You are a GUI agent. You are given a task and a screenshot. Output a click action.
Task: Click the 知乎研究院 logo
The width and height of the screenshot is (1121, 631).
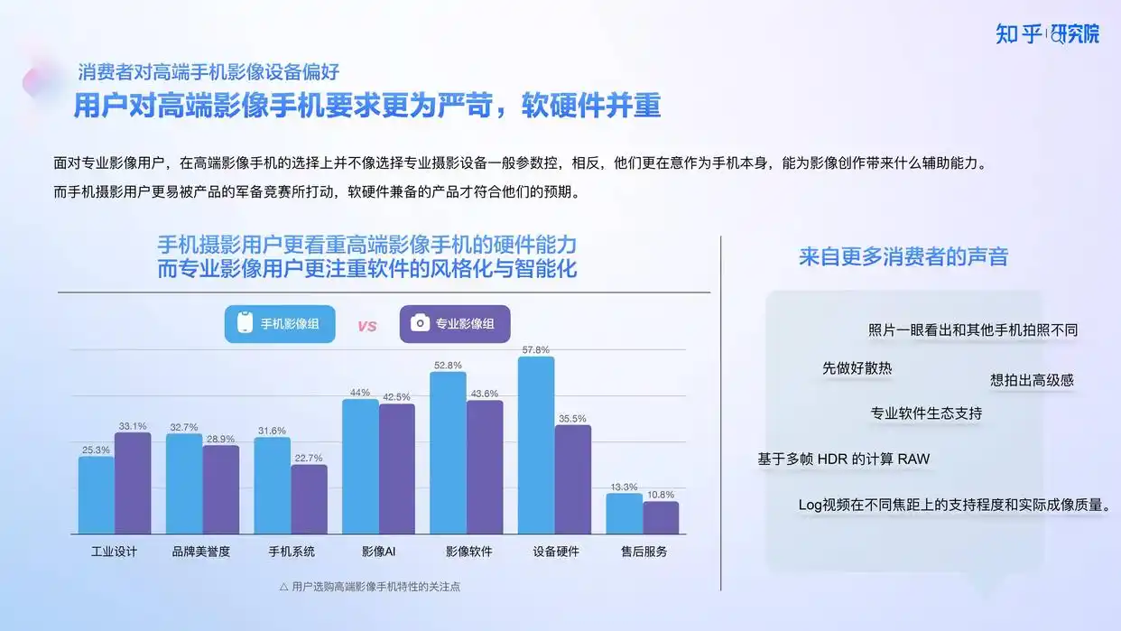[x=1047, y=34]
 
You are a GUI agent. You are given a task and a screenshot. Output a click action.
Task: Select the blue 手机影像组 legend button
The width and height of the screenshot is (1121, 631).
[x=280, y=324]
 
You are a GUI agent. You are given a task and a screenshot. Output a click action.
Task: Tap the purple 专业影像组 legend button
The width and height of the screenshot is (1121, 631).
[x=455, y=324]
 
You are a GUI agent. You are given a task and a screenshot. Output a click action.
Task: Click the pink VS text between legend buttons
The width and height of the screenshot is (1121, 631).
[x=366, y=326]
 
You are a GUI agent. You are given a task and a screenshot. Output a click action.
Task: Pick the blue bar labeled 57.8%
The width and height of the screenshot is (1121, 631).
[x=536, y=445]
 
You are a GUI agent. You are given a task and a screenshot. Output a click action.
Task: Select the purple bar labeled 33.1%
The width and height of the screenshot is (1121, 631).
[x=133, y=483]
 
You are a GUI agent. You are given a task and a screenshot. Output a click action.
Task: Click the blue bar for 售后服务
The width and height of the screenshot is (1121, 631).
[x=624, y=514]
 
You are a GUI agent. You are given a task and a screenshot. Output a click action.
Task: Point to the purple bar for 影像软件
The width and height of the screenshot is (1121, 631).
[x=485, y=467]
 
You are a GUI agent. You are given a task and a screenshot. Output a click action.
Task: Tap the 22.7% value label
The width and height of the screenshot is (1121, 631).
[x=309, y=458]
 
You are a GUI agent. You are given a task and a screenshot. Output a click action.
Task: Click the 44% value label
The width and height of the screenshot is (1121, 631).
[x=360, y=393]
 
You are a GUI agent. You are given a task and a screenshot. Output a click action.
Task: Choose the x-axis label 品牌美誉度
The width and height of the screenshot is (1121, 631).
[x=200, y=552]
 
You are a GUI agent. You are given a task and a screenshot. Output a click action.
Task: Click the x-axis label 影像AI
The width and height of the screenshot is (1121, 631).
[x=378, y=552]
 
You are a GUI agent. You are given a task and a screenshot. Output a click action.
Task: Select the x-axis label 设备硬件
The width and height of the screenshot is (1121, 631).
[x=556, y=552]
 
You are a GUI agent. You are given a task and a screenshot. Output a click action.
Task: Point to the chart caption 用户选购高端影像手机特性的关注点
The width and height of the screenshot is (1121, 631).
[x=375, y=587]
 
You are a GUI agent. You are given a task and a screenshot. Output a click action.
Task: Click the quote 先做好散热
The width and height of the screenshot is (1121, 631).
[x=857, y=368]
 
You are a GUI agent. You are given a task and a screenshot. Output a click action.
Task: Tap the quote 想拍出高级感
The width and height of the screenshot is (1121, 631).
[x=1032, y=380]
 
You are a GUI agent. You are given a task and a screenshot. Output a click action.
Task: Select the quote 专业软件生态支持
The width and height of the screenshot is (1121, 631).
[x=926, y=413]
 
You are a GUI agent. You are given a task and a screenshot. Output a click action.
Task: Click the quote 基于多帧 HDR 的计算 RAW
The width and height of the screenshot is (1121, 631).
[x=844, y=459]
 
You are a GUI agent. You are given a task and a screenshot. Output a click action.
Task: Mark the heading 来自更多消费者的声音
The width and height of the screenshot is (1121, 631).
[x=903, y=256]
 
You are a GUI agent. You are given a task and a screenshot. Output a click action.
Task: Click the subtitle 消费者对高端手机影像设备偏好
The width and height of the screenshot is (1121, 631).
[x=208, y=72]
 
